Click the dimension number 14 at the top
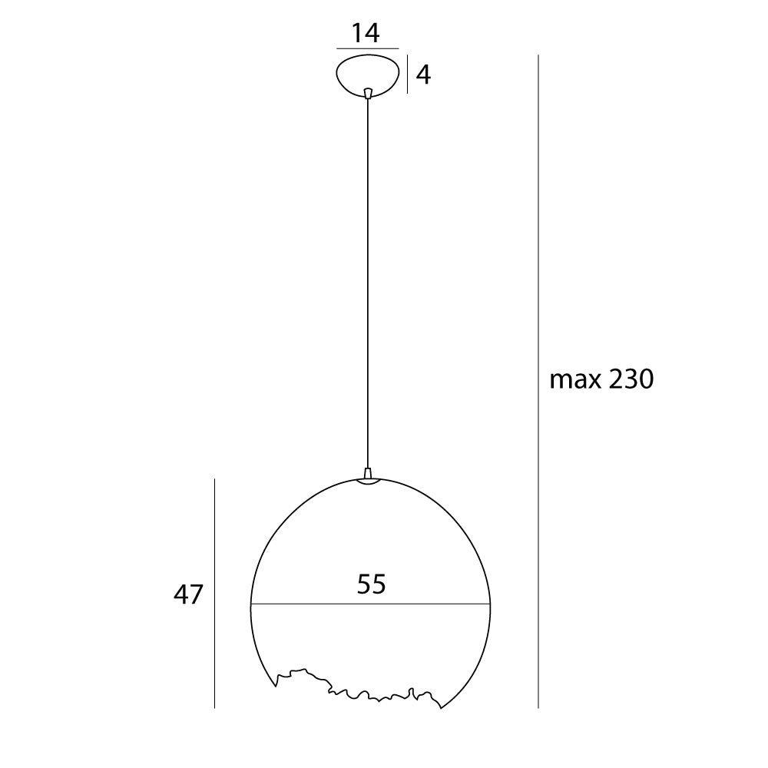click(x=366, y=33)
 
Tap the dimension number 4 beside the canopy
click(x=423, y=74)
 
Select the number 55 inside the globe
click(x=371, y=584)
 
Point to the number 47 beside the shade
click(x=187, y=594)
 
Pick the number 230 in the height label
click(x=630, y=379)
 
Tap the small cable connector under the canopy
click(x=369, y=93)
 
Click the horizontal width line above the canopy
click(x=367, y=48)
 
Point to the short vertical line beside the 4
click(x=407, y=74)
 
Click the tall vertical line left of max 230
click(x=538, y=380)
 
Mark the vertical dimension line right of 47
click(x=214, y=593)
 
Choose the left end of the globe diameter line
click(x=252, y=604)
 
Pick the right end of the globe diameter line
click(x=488, y=604)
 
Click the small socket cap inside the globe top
click(x=368, y=482)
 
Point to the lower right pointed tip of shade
click(x=441, y=707)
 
